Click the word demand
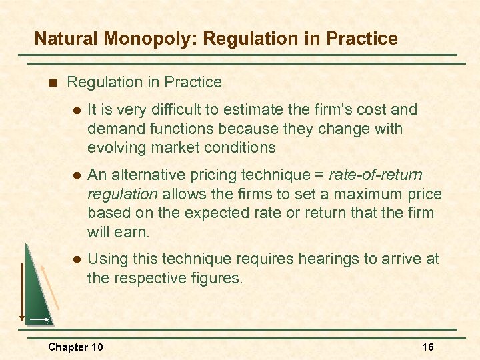(113, 129)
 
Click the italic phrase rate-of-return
(375, 175)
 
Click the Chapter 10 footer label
(75, 347)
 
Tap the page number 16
(427, 347)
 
